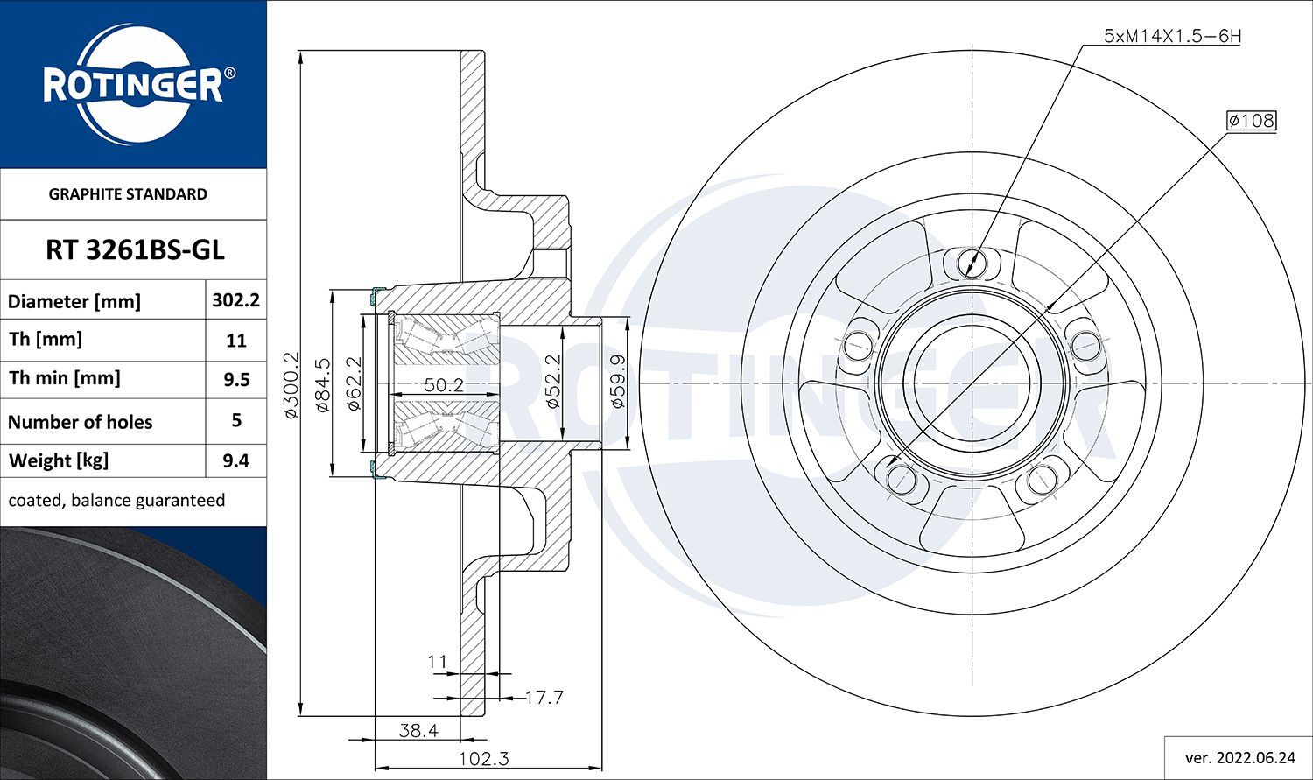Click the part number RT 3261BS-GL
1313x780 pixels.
[x=135, y=250]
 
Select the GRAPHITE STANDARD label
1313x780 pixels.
[x=128, y=194]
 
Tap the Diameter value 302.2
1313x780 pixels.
[x=235, y=300]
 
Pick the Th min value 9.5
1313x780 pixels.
[x=236, y=380]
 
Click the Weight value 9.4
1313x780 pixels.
[x=235, y=460]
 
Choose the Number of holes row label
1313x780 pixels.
[x=80, y=422]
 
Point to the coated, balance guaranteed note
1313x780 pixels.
[x=116, y=501]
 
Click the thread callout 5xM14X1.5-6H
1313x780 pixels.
[x=1172, y=37]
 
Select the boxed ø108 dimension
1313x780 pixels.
[x=1251, y=121]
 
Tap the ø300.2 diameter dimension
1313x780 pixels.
[x=291, y=385]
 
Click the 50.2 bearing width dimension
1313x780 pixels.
[x=444, y=385]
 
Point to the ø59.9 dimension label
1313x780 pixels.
[x=617, y=381]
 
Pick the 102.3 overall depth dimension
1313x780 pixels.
[x=483, y=759]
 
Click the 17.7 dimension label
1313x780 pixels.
[x=544, y=698]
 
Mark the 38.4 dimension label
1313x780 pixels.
[x=418, y=730]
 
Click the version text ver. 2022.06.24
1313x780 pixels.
[x=1240, y=758]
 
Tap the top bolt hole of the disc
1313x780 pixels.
[x=972, y=262]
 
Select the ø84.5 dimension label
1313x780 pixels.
[x=323, y=385]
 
